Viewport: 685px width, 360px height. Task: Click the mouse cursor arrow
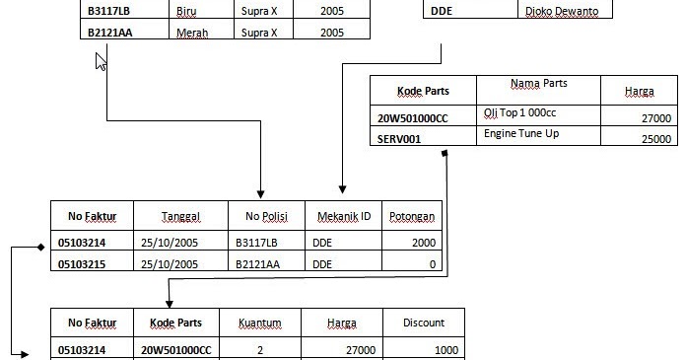point(100,61)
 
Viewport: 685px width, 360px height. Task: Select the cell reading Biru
point(184,12)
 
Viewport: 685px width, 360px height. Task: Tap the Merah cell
point(191,32)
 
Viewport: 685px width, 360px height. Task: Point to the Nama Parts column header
point(539,84)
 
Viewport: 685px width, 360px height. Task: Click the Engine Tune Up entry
point(521,134)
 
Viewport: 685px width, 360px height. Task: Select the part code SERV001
point(399,139)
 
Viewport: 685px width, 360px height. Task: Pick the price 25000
point(655,139)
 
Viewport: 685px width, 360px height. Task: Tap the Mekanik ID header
point(342,216)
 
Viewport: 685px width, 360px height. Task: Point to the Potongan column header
point(412,216)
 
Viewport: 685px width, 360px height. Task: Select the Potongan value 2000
point(424,242)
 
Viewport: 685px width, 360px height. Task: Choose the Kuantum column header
point(260,323)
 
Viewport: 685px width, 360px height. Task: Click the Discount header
point(424,323)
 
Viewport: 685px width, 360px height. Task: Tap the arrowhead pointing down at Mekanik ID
point(341,193)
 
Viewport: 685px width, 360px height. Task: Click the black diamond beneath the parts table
point(445,153)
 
